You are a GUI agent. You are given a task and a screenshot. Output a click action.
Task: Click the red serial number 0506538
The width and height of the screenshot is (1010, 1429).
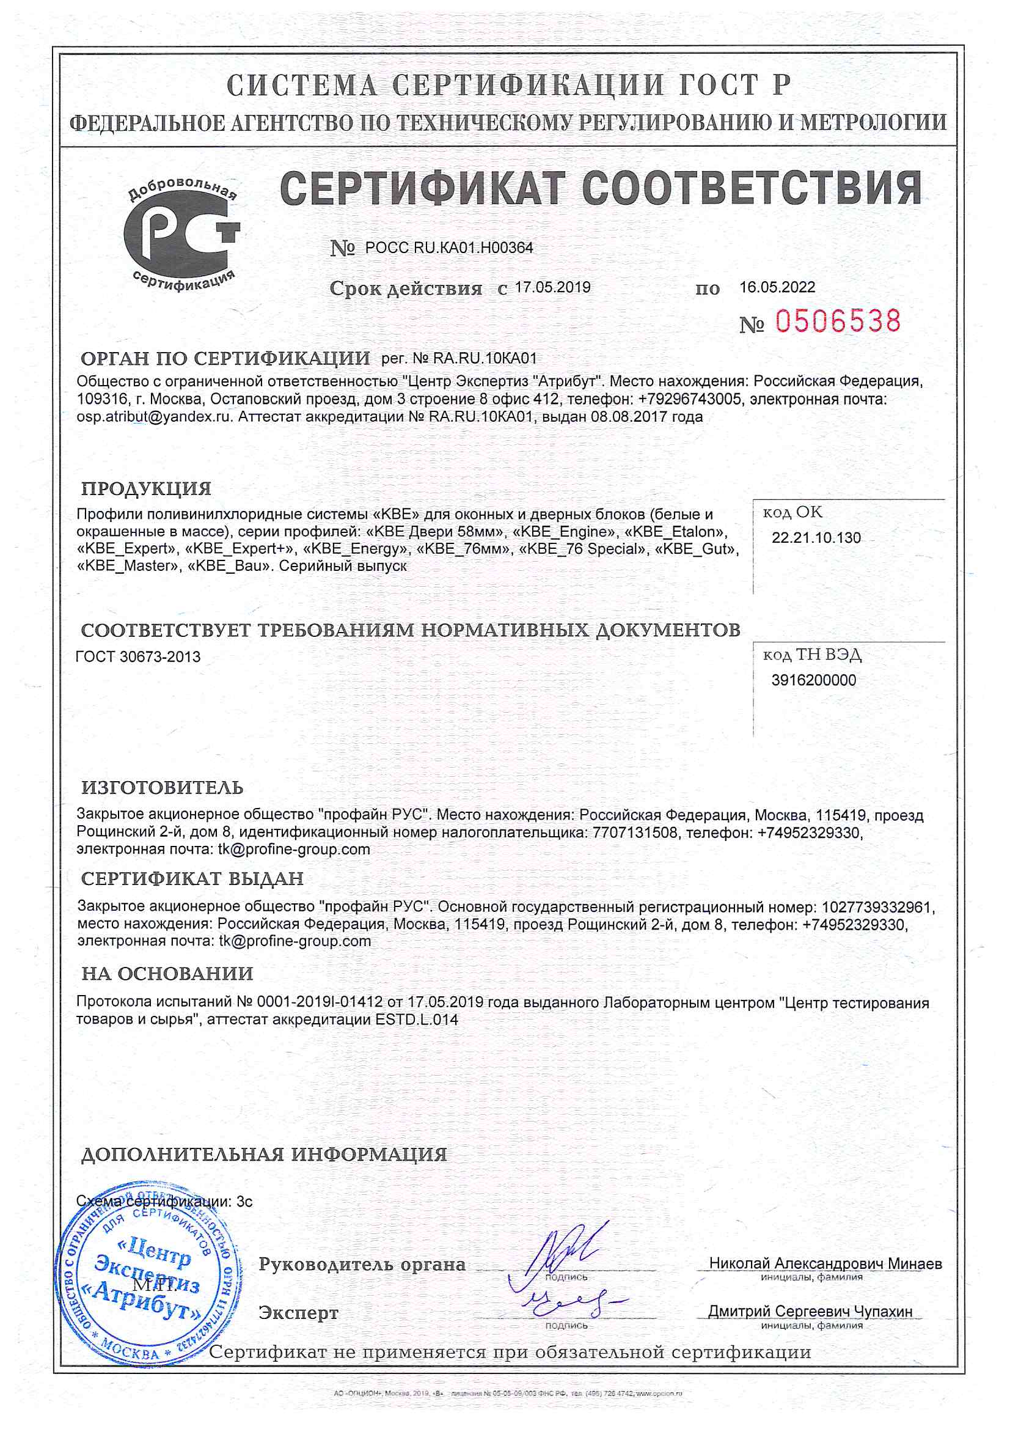pos(838,321)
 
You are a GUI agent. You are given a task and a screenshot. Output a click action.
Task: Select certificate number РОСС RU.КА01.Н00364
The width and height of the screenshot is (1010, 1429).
pos(448,248)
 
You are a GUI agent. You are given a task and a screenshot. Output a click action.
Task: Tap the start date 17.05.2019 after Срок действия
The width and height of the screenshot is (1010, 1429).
pos(552,287)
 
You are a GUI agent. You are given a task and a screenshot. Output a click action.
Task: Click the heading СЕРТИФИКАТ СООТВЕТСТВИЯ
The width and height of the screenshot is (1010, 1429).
pos(601,188)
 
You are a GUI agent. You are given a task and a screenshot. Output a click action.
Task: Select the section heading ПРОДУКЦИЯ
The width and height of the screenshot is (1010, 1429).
pos(147,488)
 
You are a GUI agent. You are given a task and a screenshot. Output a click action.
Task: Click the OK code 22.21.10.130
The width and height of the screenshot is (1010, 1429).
pos(816,538)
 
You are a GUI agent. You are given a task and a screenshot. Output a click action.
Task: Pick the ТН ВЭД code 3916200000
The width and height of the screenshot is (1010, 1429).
pos(813,681)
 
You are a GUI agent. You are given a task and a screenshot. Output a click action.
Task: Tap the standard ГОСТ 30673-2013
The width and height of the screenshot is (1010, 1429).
pos(138,657)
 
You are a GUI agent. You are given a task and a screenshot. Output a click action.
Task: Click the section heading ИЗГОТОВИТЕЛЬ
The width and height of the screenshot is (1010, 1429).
pos(163,788)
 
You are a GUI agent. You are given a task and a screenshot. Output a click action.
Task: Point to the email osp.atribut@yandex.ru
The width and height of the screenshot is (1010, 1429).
pos(153,417)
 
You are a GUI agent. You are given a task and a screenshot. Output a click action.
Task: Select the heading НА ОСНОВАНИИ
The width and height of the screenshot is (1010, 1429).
pos(167,974)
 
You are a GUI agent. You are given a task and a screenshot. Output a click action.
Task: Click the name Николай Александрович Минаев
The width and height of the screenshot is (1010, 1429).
pos(825,1264)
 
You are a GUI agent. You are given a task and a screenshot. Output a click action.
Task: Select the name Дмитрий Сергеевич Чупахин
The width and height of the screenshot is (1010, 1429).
pos(810,1312)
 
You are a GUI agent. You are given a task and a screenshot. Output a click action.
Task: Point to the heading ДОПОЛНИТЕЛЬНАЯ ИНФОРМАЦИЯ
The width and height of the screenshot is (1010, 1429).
pos(264,1155)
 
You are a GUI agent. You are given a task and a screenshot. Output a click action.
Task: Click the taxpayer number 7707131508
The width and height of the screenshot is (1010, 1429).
pos(631,832)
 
